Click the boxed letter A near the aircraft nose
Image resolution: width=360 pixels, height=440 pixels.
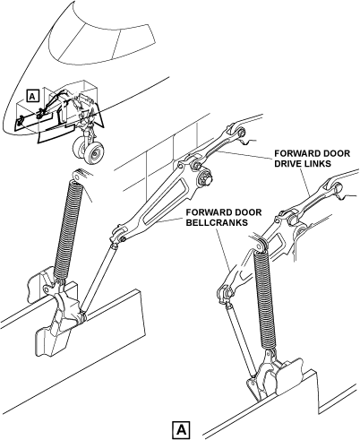32,96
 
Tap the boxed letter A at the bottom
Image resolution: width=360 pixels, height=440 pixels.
181,429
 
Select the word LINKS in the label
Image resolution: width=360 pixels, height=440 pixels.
321,164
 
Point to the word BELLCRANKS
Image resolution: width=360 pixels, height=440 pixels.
217,223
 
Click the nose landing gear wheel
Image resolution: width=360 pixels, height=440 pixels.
90,151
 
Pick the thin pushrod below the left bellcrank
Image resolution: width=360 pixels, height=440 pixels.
99,278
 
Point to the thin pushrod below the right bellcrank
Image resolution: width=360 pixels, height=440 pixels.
241,339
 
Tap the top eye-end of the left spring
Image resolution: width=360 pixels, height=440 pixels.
78,176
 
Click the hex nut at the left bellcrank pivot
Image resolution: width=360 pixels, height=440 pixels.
206,177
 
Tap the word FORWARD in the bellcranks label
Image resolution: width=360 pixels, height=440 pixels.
203,212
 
